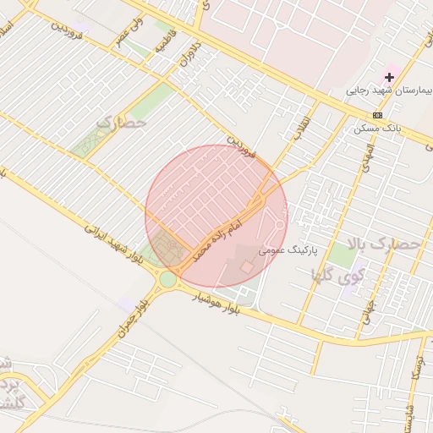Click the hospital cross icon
pos(389,78)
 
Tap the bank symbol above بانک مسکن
pos(376,115)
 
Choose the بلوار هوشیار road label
pos(218,303)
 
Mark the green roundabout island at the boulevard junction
pos(168,278)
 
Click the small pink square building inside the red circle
pos(247,266)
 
